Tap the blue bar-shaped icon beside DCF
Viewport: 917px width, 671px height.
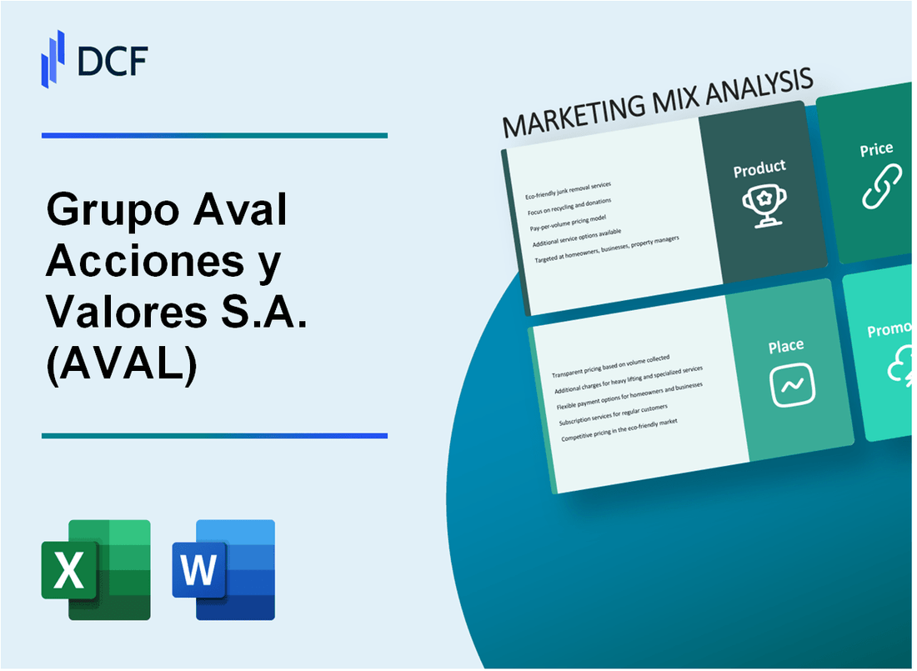click(53, 58)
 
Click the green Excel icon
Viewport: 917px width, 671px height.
click(96, 570)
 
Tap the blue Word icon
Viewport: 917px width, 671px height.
click(223, 570)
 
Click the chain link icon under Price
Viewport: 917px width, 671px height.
click(881, 187)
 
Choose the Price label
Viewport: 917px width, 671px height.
click(877, 150)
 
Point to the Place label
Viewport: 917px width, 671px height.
click(786, 346)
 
